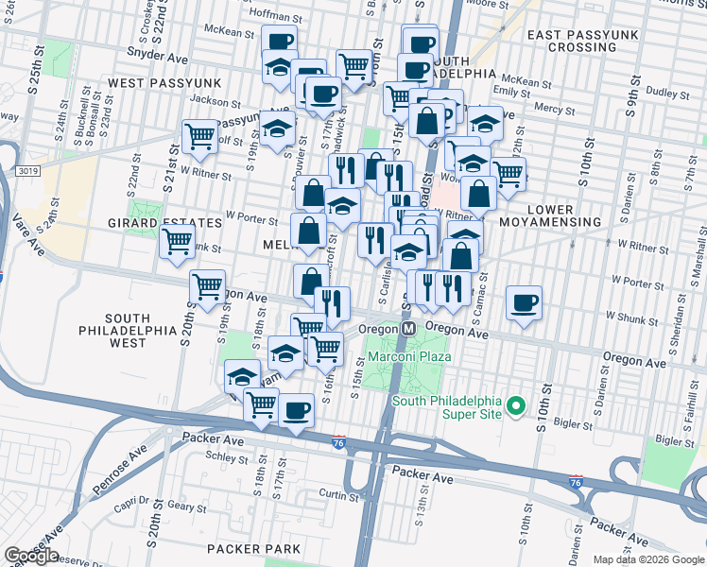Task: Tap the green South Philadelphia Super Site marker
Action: (x=515, y=407)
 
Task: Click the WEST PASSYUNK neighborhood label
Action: (x=164, y=83)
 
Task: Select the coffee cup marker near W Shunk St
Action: (x=524, y=302)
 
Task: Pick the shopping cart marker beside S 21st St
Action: (x=200, y=136)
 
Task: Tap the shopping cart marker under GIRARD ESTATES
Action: (x=178, y=241)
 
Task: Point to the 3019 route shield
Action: (x=27, y=171)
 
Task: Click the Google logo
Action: (x=31, y=556)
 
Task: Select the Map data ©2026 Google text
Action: (x=648, y=559)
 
